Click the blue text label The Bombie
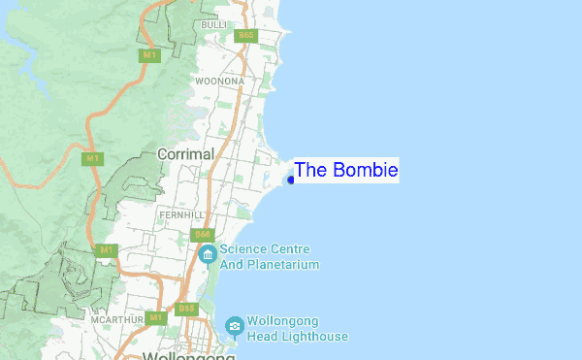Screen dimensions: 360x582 pos(345,171)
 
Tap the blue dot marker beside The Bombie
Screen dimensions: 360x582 pos(291,180)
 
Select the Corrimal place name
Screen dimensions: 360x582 pos(185,154)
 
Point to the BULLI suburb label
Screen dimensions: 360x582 pos(213,23)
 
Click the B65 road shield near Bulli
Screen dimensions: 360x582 pos(245,36)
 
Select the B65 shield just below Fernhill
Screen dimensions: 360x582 pos(203,234)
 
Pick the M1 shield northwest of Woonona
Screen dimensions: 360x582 pos(149,55)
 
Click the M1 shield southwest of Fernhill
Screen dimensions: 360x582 pos(106,250)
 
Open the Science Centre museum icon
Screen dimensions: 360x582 pos(207,254)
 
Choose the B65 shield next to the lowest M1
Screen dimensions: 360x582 pos(185,309)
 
